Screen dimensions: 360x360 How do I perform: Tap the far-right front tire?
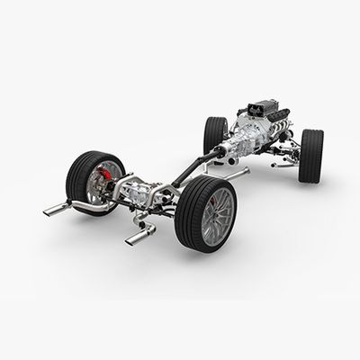point(311,154)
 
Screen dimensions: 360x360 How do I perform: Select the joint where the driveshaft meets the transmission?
point(218,155)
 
